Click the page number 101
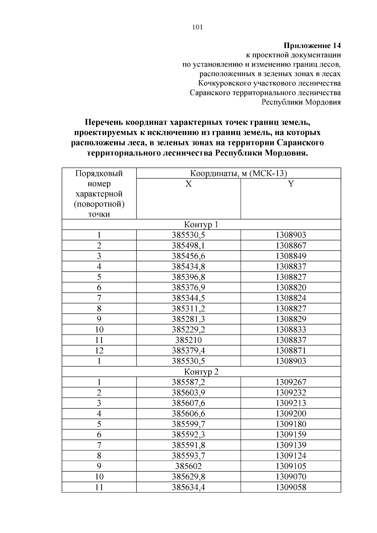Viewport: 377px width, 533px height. coord(197,27)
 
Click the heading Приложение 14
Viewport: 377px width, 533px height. coord(312,46)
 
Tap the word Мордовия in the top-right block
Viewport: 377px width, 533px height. coord(323,102)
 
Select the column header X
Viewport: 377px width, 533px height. coord(188,184)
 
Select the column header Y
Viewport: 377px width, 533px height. coord(291,184)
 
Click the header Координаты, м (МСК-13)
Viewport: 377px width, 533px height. coord(238,173)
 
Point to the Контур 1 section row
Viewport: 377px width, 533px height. coord(201,225)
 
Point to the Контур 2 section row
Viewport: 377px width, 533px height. coord(201,372)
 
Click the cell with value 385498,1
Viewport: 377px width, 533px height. coord(188,246)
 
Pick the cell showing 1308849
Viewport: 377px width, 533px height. coord(291,256)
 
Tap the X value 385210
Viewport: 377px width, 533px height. coord(188,340)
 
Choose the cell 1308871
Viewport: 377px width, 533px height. coord(291,351)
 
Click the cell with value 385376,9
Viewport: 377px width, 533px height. coord(188,288)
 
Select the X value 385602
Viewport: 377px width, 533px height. coord(188,466)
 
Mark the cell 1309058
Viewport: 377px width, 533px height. coord(291,487)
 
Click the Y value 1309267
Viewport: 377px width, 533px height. coord(291,382)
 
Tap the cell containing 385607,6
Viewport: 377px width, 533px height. coord(188,403)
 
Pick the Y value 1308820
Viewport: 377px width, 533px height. coord(291,288)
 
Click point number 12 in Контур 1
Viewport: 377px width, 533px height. coord(99,351)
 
